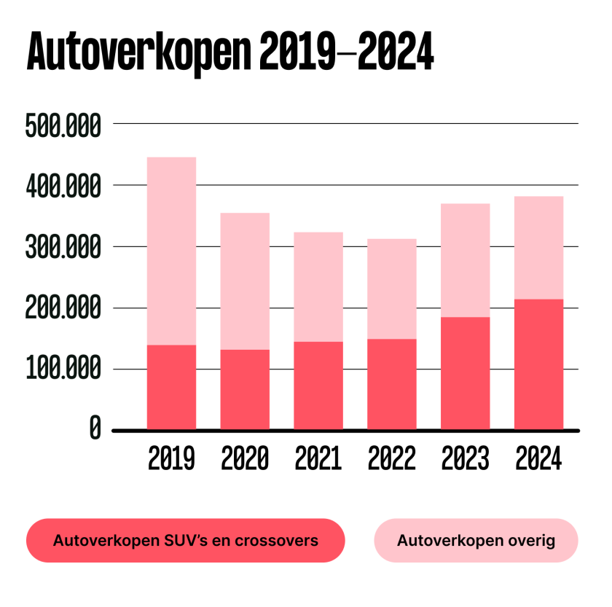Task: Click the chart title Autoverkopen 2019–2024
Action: [x=229, y=50]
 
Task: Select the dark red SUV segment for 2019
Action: [x=171, y=387]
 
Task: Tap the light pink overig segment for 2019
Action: [x=171, y=251]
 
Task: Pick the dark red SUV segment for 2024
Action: [x=538, y=364]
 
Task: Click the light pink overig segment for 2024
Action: [x=538, y=248]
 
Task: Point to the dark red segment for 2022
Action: [x=391, y=384]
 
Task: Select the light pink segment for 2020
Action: [x=245, y=281]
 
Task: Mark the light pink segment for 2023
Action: [x=465, y=260]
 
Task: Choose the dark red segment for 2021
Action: [x=318, y=385]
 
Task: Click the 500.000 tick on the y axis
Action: [x=63, y=125]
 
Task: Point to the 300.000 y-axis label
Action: [x=63, y=248]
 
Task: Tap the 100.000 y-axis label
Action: [x=63, y=370]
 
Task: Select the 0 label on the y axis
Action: [x=95, y=429]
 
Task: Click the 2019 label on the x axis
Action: [x=171, y=458]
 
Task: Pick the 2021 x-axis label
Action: [x=318, y=458]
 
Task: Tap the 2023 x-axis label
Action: [x=465, y=458]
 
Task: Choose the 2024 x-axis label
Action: [x=538, y=458]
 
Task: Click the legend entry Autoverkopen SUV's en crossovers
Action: [x=185, y=541]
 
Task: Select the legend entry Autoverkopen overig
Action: [x=476, y=541]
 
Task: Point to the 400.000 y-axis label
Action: [x=63, y=187]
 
